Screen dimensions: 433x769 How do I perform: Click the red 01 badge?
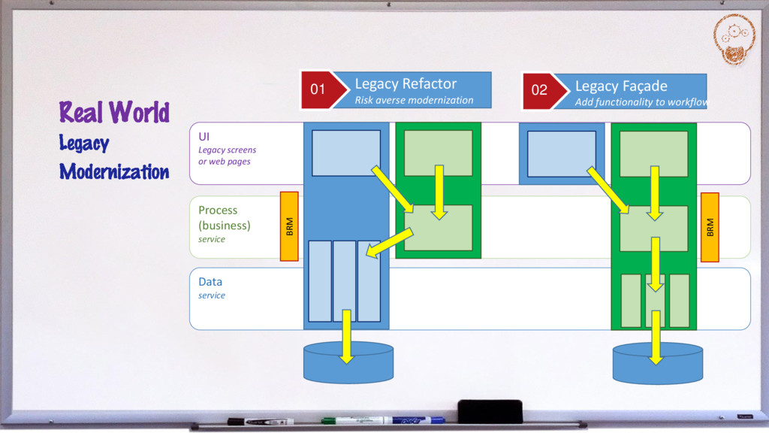pos(318,90)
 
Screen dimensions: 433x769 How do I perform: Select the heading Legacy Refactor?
pos(406,83)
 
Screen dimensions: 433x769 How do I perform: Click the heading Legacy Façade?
pos(621,86)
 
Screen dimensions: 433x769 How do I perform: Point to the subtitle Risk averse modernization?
pos(414,100)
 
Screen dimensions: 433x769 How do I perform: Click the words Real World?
pos(114,113)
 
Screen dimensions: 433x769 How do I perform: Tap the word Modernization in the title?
pos(114,171)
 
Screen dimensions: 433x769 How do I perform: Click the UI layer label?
pos(204,136)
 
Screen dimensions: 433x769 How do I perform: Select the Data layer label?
pos(210,282)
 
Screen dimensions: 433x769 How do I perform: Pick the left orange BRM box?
pos(289,226)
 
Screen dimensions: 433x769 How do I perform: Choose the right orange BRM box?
pos(710,227)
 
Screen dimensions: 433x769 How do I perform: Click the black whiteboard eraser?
pos(490,411)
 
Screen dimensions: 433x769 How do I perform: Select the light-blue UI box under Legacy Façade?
pos(561,153)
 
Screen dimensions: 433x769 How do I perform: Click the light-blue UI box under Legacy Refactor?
pos(345,153)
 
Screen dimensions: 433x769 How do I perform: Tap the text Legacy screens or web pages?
pos(227,156)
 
